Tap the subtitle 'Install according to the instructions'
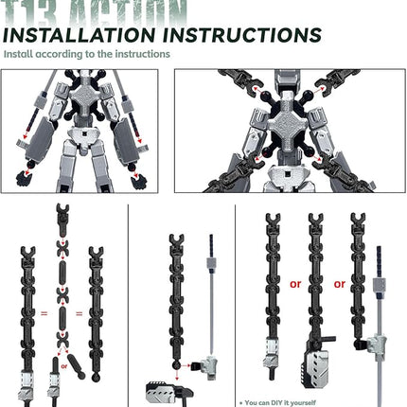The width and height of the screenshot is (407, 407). [87, 54]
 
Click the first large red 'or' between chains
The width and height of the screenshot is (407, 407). [294, 282]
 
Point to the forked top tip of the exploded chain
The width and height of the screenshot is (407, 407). [62, 209]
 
